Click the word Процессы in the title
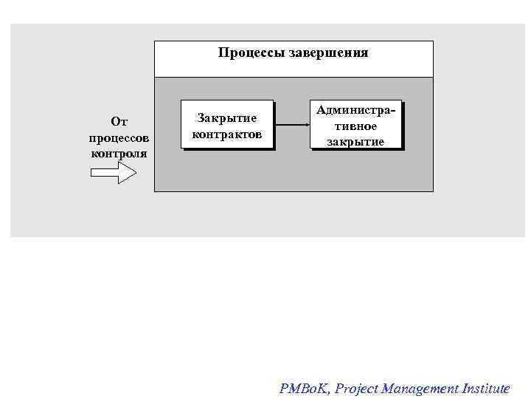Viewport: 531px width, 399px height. tap(245, 53)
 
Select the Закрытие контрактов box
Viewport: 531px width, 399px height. tap(227, 126)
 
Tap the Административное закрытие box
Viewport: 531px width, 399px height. tap(356, 126)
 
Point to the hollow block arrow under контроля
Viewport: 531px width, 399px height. tap(113, 174)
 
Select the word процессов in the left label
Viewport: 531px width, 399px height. tap(119, 137)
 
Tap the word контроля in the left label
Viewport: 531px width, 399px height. tap(119, 154)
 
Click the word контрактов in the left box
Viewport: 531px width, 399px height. tap(227, 134)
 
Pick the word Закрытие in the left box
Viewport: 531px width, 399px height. tap(227, 118)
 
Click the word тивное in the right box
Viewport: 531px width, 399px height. tap(356, 126)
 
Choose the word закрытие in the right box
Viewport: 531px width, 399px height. tap(356, 141)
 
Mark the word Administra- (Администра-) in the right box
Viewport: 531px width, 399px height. tap(356, 110)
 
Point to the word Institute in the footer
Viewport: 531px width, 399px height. tap(485, 389)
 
